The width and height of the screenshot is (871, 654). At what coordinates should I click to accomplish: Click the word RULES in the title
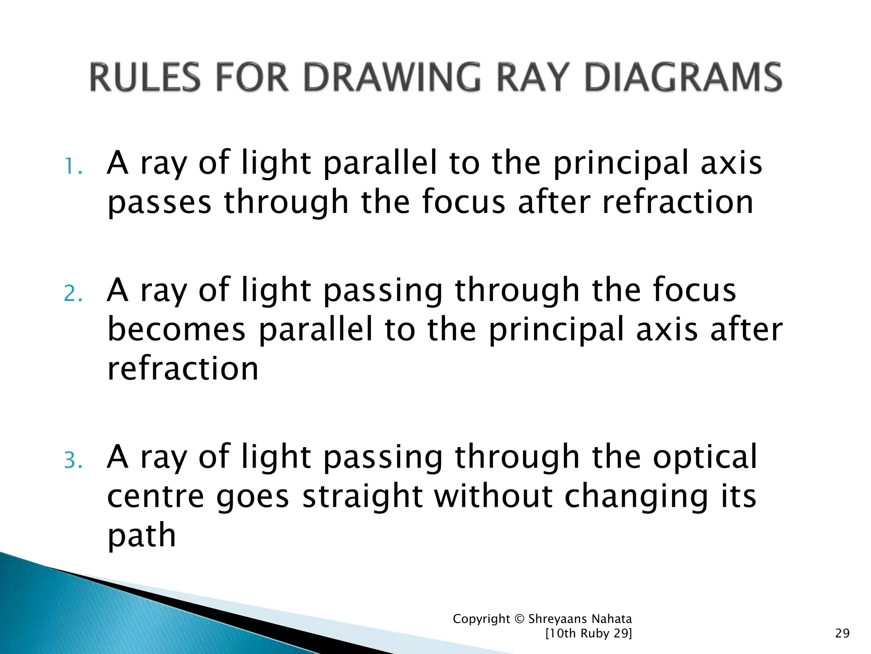pyautogui.click(x=145, y=77)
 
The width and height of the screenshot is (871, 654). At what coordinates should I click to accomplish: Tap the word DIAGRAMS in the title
pyautogui.click(x=683, y=77)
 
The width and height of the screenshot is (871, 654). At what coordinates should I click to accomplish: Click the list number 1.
pyautogui.click(x=72, y=166)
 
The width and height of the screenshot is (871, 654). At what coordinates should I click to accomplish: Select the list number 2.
pyautogui.click(x=72, y=293)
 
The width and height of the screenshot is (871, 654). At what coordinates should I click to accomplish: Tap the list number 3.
pyautogui.click(x=72, y=460)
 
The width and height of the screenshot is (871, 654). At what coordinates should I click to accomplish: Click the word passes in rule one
pyautogui.click(x=159, y=204)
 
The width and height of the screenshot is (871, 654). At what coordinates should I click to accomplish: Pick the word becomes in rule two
pyautogui.click(x=176, y=329)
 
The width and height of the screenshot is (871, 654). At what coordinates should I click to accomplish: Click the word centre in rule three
pyautogui.click(x=156, y=496)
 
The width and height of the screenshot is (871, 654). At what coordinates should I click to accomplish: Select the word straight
pyautogui.click(x=362, y=496)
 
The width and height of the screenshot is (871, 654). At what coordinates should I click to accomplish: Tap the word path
pyautogui.click(x=142, y=536)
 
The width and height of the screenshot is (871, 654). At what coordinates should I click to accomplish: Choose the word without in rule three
pyautogui.click(x=493, y=496)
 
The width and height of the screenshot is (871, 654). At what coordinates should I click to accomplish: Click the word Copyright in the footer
pyautogui.click(x=481, y=619)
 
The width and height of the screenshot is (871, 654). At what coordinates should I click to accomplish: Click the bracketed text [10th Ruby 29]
pyautogui.click(x=588, y=634)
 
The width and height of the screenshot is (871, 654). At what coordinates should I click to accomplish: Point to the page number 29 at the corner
pyautogui.click(x=842, y=634)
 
